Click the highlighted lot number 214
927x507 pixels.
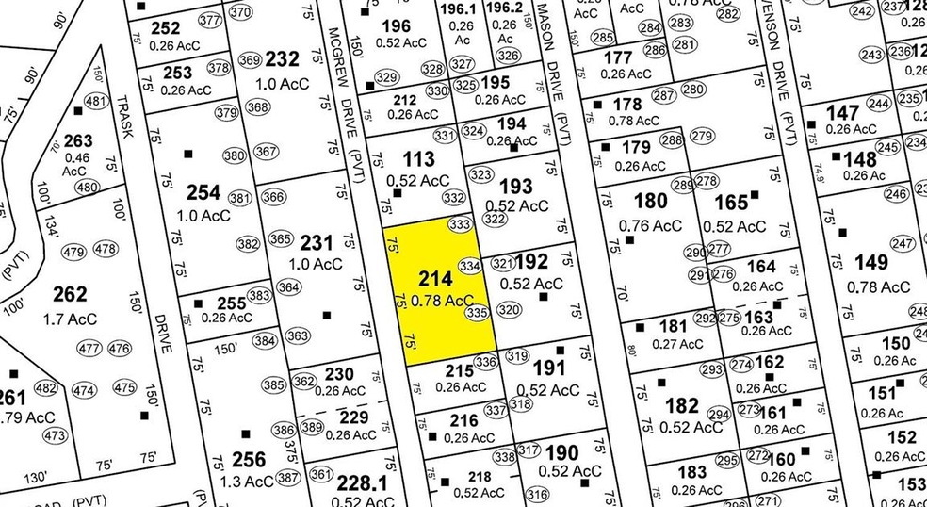click(x=433, y=279)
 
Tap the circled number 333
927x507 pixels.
click(x=460, y=224)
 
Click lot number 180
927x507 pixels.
click(x=650, y=201)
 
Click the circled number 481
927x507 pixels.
click(x=94, y=102)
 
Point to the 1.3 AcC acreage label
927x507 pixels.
click(x=241, y=481)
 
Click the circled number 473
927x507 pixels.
click(x=56, y=436)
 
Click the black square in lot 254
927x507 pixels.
click(x=187, y=153)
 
